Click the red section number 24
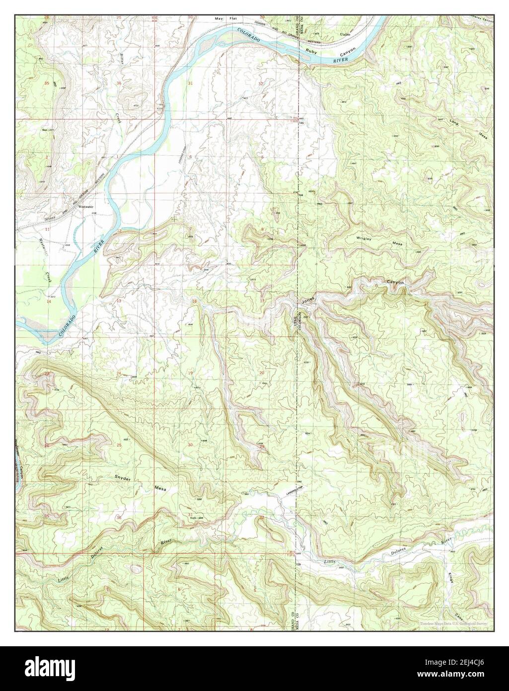(x=119, y=373)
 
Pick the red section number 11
(x=47, y=230)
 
